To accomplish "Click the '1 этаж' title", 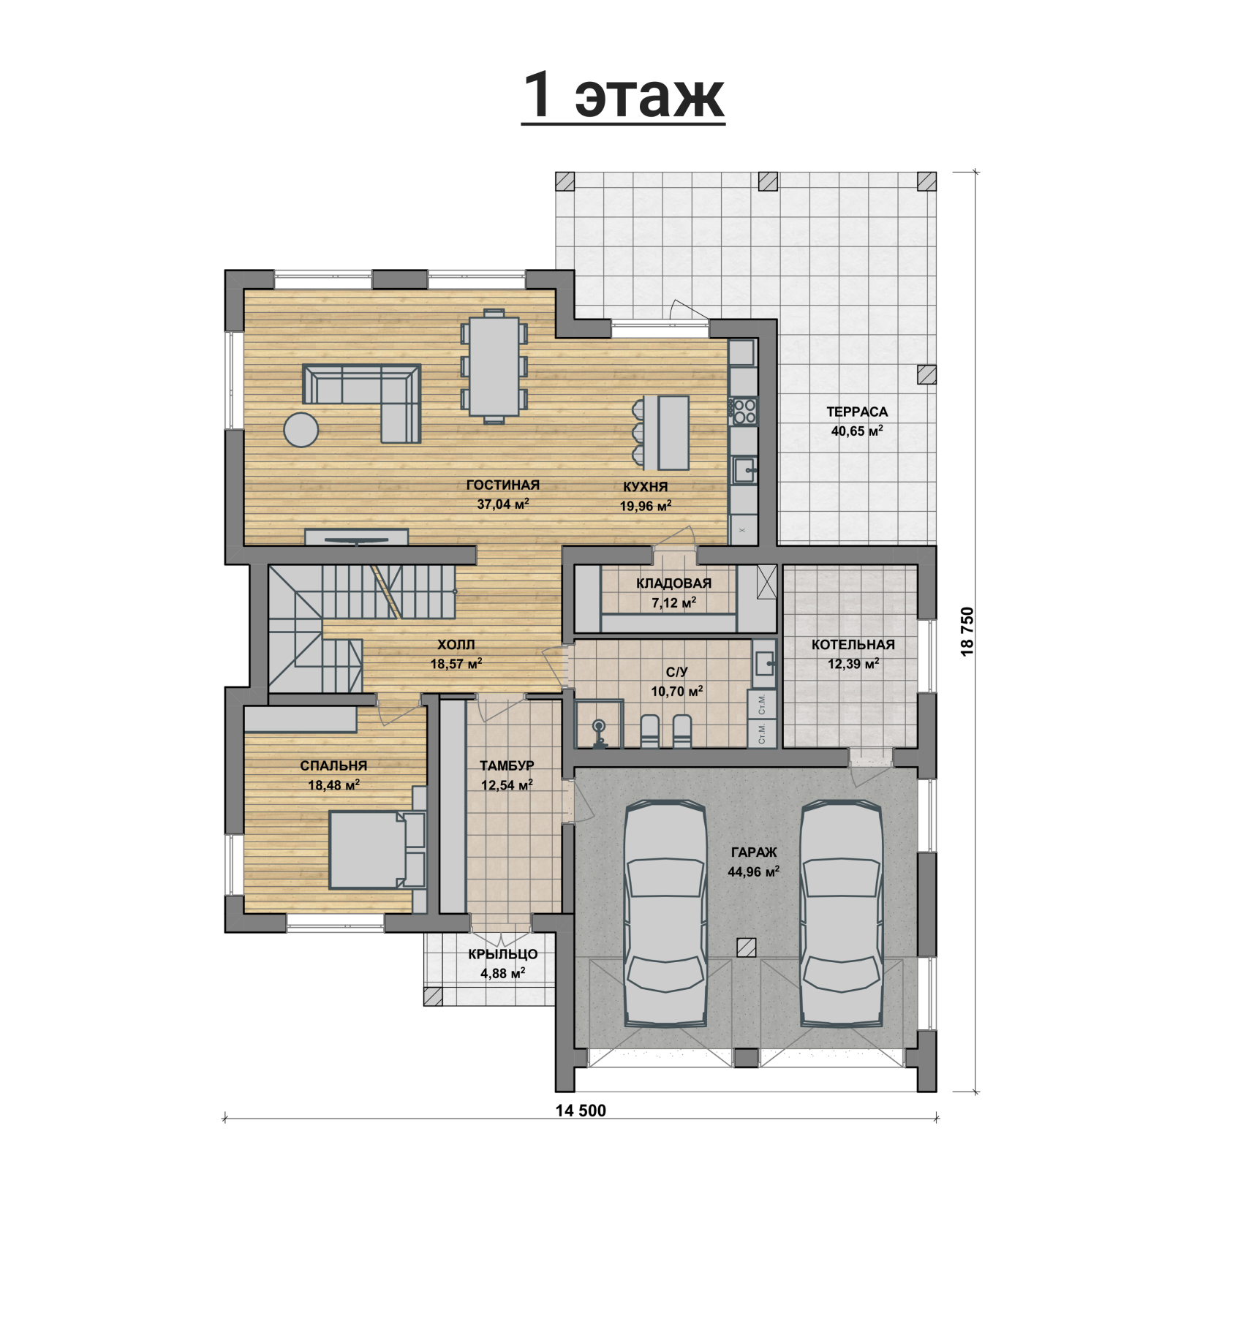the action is (623, 97).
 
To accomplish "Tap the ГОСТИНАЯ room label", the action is (503, 485).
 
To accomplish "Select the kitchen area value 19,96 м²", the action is (646, 505).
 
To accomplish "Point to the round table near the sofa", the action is (301, 429).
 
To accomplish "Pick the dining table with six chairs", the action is (494, 366).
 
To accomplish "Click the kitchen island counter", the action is (673, 433).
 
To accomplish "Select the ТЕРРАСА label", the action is (857, 412).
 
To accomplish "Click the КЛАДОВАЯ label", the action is (673, 583).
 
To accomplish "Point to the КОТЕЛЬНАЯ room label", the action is (853, 645).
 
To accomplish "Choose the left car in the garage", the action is (665, 914).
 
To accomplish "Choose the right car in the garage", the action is (841, 914).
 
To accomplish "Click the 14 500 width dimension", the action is (581, 1111).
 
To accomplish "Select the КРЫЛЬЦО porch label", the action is (503, 954).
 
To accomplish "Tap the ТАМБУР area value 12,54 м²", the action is (506, 785).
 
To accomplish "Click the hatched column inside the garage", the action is (747, 947).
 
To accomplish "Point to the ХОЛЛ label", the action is (456, 645).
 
